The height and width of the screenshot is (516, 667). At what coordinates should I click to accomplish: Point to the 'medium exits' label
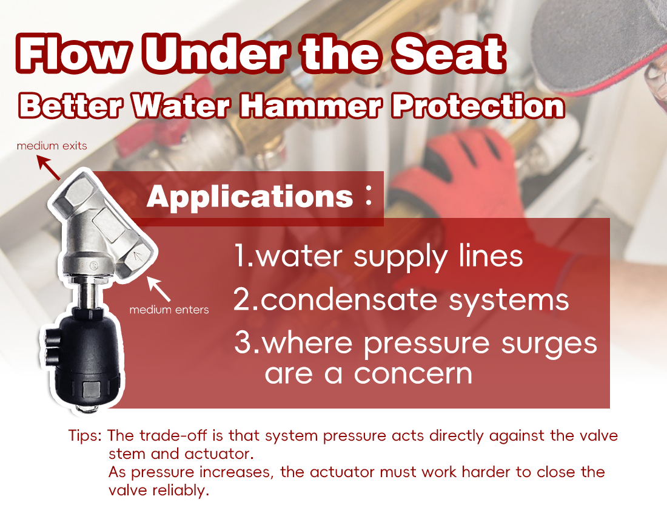click(x=52, y=146)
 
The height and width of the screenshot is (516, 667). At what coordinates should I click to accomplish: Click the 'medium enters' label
click(x=169, y=310)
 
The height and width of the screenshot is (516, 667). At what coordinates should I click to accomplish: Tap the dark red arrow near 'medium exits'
click(x=49, y=167)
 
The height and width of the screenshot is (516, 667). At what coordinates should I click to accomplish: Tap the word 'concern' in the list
click(x=412, y=373)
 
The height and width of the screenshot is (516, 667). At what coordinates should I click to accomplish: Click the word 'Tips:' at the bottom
click(x=87, y=436)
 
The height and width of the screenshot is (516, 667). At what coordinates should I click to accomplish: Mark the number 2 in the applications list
click(x=242, y=300)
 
